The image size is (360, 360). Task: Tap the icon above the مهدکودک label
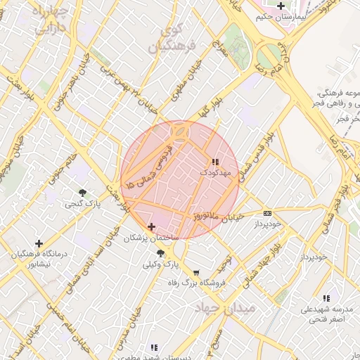tap(214, 162)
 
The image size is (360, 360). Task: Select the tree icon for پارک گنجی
tap(83, 193)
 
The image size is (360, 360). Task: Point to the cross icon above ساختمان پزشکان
tap(152, 226)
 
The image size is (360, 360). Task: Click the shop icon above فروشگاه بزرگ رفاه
tap(195, 273)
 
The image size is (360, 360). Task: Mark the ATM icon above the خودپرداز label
tap(267, 213)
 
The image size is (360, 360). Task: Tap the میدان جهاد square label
tap(226, 308)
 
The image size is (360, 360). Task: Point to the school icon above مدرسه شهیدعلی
tap(325, 298)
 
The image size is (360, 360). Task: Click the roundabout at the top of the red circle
tap(181, 131)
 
